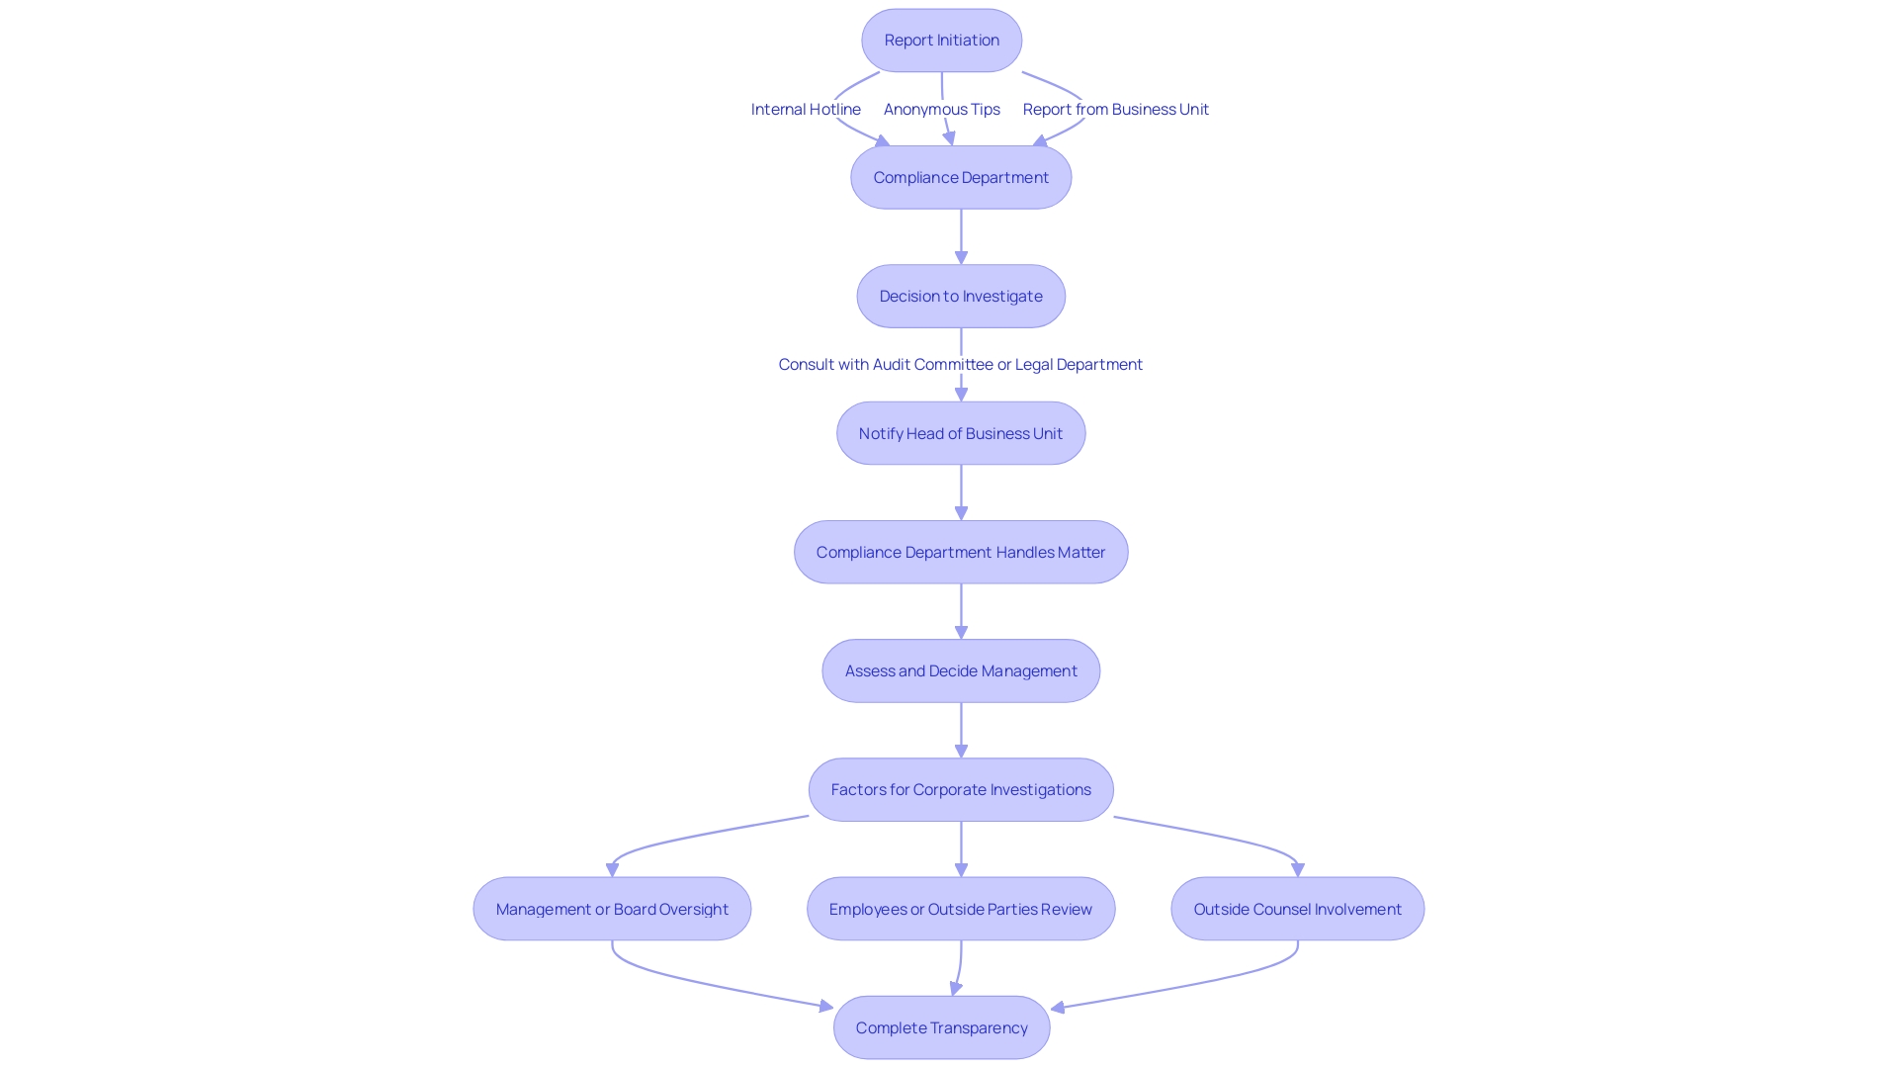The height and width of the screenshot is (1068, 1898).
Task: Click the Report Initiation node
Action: (941, 41)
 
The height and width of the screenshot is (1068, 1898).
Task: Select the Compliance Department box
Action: (961, 178)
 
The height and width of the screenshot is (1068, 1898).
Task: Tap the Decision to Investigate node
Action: (961, 297)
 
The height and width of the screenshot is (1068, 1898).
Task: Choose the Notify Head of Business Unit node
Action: (961, 433)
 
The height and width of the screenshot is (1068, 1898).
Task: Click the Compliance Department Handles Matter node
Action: (961, 553)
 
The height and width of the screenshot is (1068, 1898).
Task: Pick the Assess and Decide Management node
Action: (961, 671)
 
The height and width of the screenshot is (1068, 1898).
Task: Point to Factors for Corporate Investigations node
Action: (961, 790)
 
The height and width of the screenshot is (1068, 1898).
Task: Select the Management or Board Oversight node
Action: (612, 909)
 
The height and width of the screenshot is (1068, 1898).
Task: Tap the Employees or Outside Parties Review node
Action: (961, 909)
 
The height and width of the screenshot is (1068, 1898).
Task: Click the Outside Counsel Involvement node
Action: (1297, 909)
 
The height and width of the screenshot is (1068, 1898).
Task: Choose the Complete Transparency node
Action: (941, 1028)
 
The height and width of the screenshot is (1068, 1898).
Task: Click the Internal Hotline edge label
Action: (806, 110)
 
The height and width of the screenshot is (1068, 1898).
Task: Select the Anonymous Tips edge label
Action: (941, 110)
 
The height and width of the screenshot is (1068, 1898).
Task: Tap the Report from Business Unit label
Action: (1115, 110)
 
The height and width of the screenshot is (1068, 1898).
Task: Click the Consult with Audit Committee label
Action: (960, 365)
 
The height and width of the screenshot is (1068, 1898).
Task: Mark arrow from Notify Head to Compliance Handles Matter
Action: (961, 492)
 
